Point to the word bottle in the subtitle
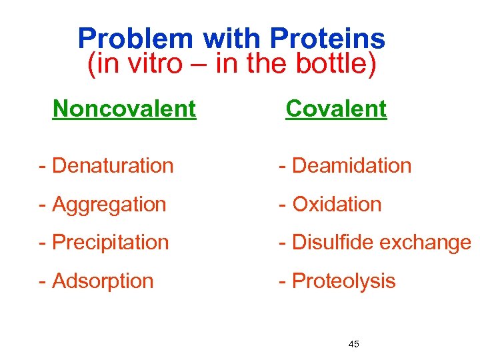(x=332, y=65)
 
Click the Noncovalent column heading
(x=124, y=109)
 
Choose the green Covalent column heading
(x=336, y=109)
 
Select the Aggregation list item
(x=109, y=204)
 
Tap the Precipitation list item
(x=110, y=242)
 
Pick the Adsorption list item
(x=103, y=281)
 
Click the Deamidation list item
(x=351, y=165)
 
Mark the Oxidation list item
(x=337, y=204)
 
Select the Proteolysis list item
(x=344, y=281)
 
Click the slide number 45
(x=353, y=344)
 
